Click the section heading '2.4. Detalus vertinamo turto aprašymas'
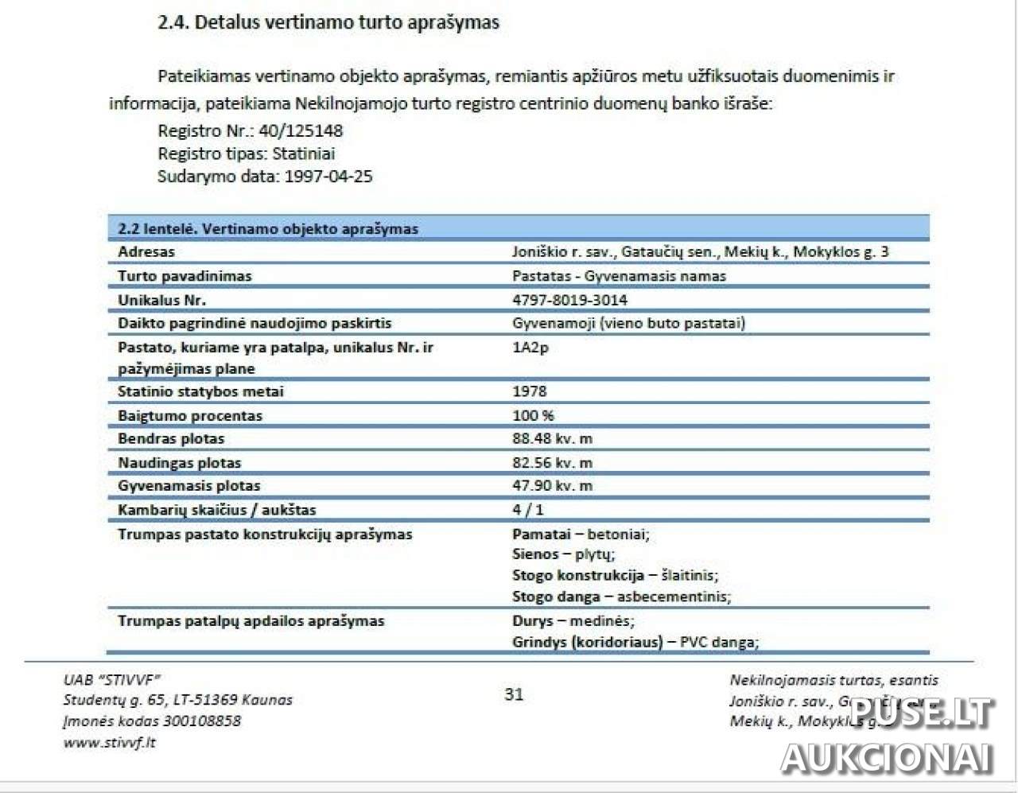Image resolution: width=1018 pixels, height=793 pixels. pos(328,22)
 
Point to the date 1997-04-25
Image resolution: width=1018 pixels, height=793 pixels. pos(328,177)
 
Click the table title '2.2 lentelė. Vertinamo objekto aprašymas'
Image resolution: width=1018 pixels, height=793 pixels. pos(268,229)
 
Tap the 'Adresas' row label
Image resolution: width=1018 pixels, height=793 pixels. pos(146,252)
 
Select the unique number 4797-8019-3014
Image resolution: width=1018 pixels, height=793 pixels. pos(569,300)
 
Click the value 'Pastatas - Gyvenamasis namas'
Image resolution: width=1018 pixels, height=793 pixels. pos(619,276)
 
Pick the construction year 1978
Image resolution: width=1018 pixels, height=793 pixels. pos(530,391)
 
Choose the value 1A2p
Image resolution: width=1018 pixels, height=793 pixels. pos(530,348)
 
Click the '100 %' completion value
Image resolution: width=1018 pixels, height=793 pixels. pos(533,415)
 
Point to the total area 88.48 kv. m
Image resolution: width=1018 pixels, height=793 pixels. pos(552,439)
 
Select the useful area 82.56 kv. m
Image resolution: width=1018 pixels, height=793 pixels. pos(552,463)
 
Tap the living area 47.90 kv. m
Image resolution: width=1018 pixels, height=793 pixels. pos(552,486)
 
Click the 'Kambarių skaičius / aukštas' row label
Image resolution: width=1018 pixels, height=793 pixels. pos(216,510)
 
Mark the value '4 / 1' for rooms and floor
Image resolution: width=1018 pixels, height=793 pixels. pos(528,510)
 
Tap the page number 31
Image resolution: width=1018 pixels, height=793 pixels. pos(514,694)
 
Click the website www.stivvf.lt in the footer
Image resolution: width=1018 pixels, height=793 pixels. pos(109,743)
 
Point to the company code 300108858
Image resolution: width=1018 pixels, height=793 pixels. pos(201,721)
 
